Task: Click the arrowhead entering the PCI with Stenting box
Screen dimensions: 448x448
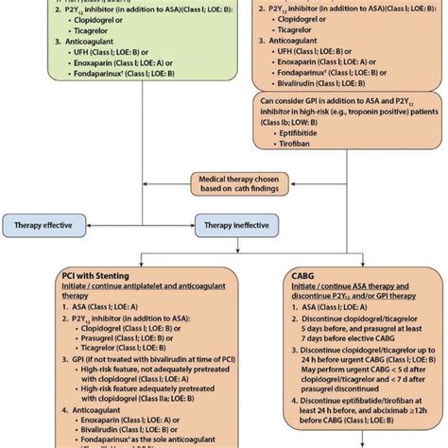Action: [x=141, y=263]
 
